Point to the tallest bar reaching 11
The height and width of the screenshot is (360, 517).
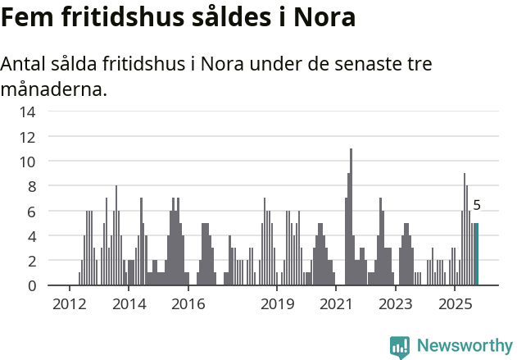coord(351,217)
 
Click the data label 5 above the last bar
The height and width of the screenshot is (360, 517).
coord(477,206)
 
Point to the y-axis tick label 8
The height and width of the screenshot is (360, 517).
coord(30,187)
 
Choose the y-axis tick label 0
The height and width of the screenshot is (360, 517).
coord(30,286)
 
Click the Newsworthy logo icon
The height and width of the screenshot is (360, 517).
coord(399,347)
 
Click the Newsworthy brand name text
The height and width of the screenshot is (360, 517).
coord(464,346)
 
